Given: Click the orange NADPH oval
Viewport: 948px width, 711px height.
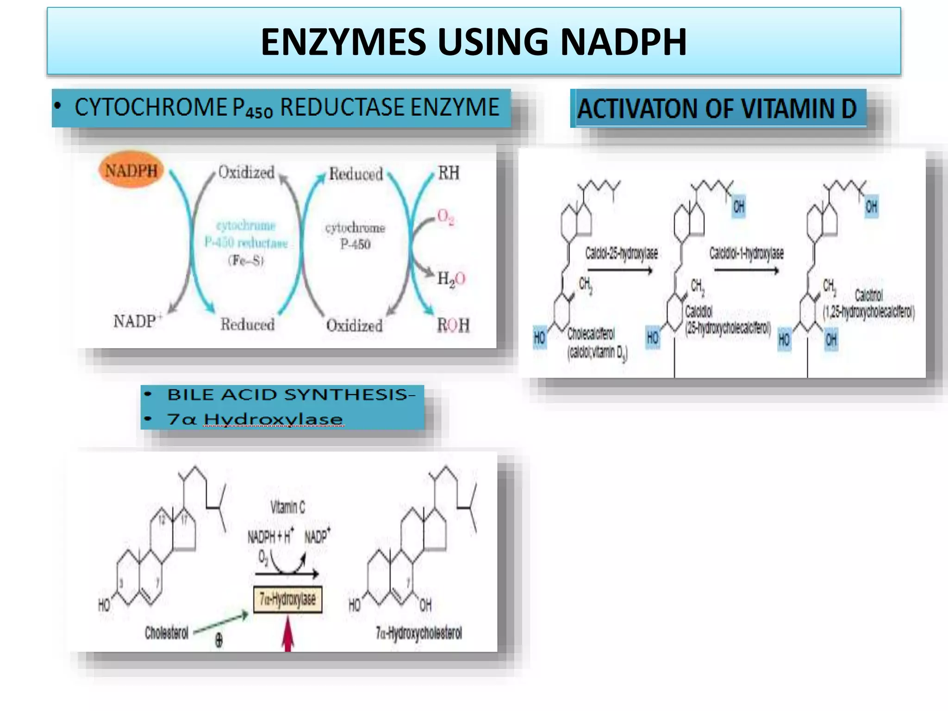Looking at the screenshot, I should (x=131, y=170).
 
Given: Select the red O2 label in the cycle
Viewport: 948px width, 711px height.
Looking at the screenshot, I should (x=445, y=217).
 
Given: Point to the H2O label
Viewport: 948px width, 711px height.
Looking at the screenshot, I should (x=451, y=279).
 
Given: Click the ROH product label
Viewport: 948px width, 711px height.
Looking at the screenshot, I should (x=453, y=325).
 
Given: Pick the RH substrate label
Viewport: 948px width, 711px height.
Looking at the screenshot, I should (x=449, y=173).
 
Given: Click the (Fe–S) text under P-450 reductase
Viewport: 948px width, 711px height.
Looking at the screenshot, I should (x=246, y=261).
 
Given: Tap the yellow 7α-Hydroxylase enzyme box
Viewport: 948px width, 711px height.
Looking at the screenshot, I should (x=287, y=599).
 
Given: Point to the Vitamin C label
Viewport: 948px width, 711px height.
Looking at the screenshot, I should (x=287, y=507).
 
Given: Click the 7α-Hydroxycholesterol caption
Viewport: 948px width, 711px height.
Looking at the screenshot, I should (x=418, y=633).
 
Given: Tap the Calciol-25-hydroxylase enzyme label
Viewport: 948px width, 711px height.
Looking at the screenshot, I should (x=621, y=253).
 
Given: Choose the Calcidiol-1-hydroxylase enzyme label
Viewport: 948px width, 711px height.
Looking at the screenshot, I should (x=746, y=253).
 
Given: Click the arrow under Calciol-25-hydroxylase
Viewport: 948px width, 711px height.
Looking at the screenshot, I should (x=620, y=271).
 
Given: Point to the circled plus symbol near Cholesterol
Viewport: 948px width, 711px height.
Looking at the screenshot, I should (x=219, y=641).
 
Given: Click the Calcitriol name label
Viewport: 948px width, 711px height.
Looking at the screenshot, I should (x=868, y=295).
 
